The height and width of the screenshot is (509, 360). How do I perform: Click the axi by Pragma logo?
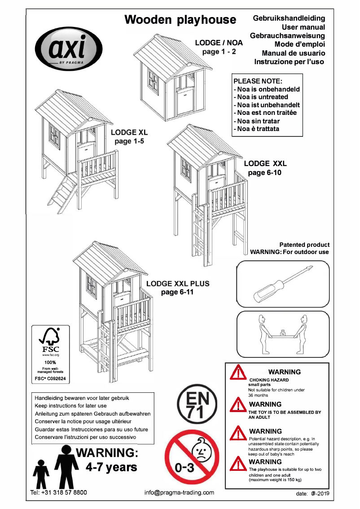(x=69, y=48)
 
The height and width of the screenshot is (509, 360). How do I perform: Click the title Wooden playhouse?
(x=180, y=20)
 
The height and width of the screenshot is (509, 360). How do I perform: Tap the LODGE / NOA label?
(x=219, y=43)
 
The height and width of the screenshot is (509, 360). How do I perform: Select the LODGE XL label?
(x=129, y=133)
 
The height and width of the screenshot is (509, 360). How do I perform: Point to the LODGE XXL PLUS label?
(x=178, y=284)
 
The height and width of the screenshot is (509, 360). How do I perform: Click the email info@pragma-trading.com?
(x=179, y=492)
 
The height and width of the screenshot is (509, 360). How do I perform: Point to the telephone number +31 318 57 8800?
(x=58, y=492)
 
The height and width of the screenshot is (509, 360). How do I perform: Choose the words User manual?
(x=300, y=27)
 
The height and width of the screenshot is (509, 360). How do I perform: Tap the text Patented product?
(x=304, y=245)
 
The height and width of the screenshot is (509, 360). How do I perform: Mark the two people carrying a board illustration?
(x=283, y=334)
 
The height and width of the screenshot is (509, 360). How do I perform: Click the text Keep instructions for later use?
(x=70, y=405)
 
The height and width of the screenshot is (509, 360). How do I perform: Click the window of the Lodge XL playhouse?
(x=55, y=136)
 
